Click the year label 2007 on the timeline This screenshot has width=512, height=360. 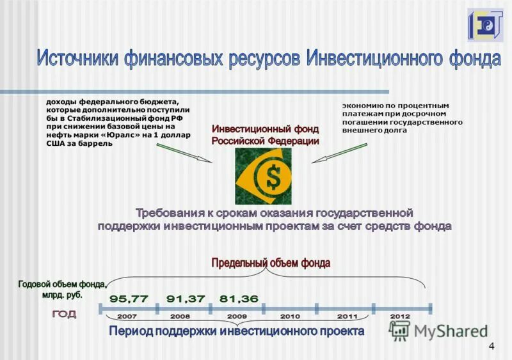(127, 317)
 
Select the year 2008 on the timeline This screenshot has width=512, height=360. (180, 317)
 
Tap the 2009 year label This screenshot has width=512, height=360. (237, 317)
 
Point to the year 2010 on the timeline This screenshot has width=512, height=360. (290, 317)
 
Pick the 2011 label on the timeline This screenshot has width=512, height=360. (347, 317)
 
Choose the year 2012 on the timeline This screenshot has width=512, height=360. (400, 317)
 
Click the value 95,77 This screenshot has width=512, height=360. (129, 299)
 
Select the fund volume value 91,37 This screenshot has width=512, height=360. (186, 299)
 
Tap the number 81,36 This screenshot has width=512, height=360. (239, 299)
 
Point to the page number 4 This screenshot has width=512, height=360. (491, 346)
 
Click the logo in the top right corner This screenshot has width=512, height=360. (485, 25)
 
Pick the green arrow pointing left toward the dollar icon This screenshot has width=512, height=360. (340, 154)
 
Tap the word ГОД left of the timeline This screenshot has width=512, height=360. (64, 314)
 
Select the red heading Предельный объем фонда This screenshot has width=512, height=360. (271, 262)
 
